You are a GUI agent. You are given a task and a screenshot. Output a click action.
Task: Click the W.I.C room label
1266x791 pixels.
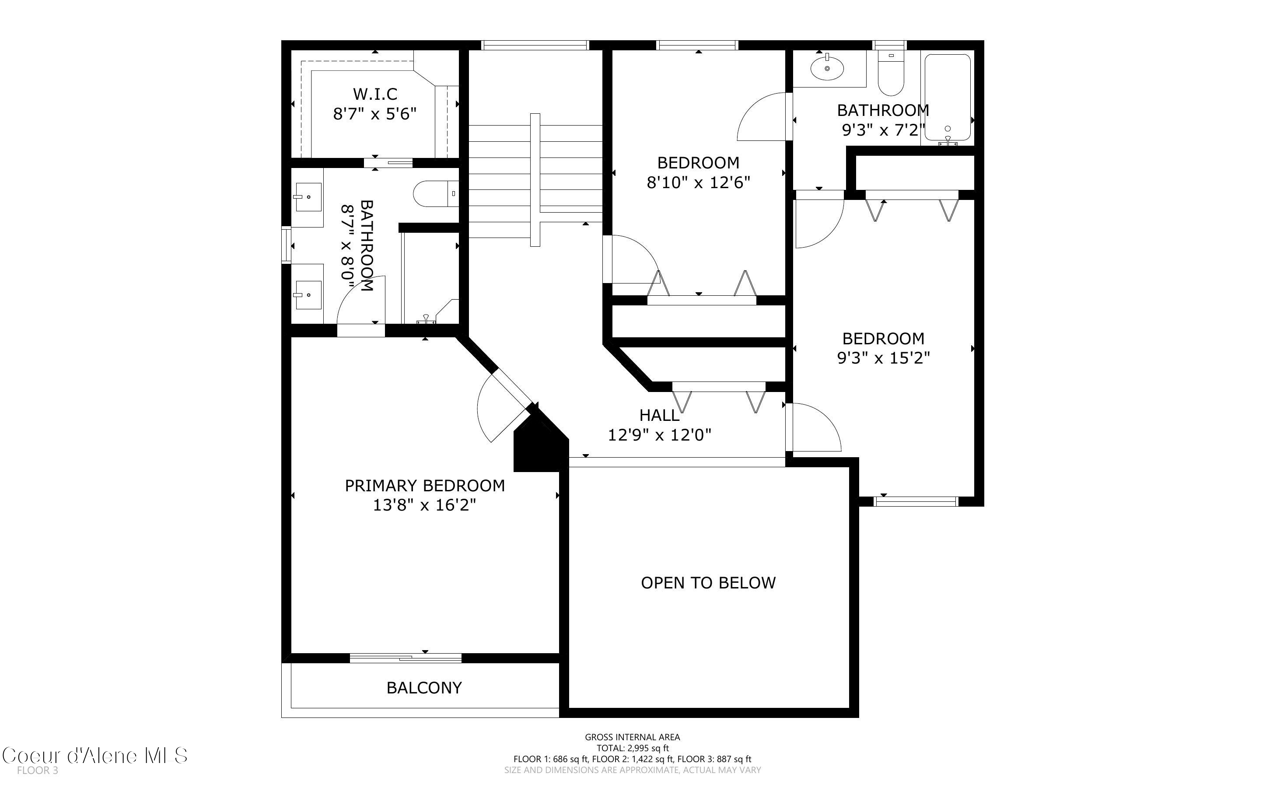375,94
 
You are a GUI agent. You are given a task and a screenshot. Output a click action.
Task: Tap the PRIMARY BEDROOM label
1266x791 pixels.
425,486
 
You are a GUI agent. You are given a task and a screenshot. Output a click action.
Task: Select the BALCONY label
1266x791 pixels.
424,687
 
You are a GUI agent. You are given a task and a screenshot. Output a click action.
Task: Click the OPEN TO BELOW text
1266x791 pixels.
708,583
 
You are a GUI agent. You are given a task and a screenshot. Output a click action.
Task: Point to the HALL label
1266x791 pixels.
659,415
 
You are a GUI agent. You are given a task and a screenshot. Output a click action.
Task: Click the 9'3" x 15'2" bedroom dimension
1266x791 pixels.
883,358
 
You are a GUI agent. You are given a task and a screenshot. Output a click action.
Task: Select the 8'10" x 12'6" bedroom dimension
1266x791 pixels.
698,182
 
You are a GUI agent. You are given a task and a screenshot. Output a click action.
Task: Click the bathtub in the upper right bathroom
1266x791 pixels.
948,98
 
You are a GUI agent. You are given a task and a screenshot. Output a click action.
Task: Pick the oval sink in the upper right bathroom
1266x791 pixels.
827,67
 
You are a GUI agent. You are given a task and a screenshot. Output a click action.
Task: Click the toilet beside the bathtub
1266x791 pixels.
891,73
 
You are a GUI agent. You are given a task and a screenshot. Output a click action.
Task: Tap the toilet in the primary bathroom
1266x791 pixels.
436,193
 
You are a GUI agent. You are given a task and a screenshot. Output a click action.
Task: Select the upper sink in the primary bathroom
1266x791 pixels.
308,197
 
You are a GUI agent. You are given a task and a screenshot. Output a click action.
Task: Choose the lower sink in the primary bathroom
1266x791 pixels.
308,294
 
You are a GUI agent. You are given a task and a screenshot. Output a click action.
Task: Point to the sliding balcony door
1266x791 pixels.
406,658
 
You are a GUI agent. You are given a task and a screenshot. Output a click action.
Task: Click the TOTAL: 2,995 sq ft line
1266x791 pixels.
633,748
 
